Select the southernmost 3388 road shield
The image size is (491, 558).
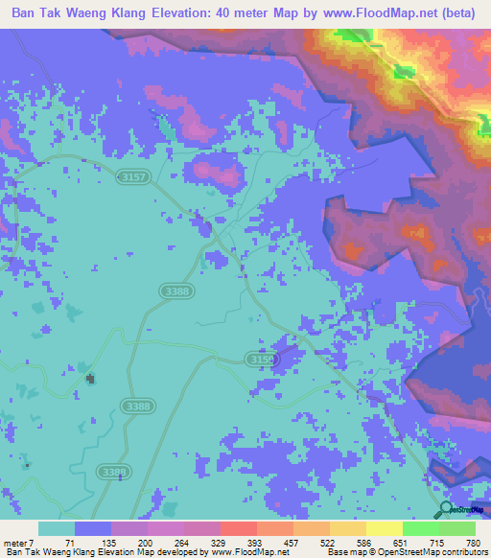(113, 472)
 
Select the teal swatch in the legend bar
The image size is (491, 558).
(57, 528)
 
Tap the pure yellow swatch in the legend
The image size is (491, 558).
(384, 528)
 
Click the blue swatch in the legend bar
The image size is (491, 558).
(93, 528)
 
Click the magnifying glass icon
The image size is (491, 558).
(447, 510)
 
